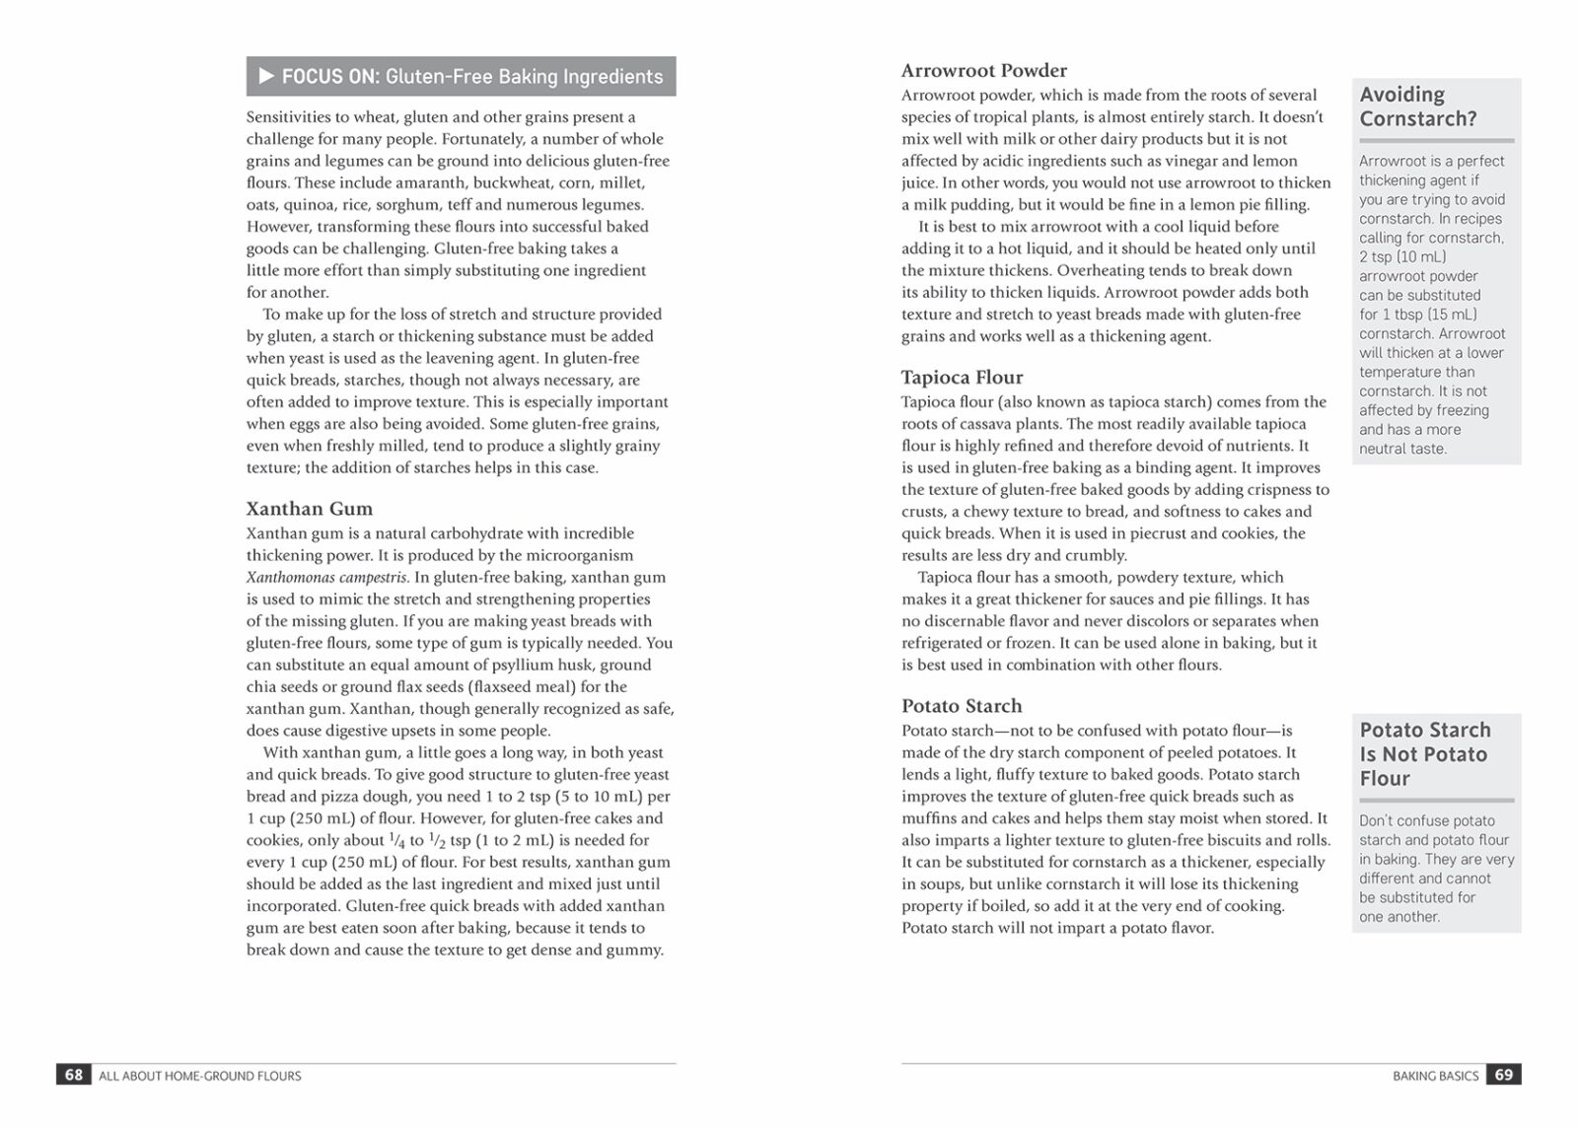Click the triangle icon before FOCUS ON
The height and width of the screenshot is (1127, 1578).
click(x=266, y=76)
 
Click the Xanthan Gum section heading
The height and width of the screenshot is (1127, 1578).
click(x=309, y=509)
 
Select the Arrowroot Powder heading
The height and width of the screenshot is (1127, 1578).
click(x=983, y=70)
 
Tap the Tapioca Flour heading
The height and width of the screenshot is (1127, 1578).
click(x=962, y=377)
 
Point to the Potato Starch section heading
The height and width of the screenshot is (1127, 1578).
click(x=961, y=706)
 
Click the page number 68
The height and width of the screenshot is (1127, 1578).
click(x=74, y=1075)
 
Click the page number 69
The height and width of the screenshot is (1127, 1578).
click(x=1503, y=1075)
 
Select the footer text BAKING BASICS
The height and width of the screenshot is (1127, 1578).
click(x=1435, y=1076)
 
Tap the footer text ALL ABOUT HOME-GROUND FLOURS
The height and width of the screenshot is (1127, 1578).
click(x=200, y=1076)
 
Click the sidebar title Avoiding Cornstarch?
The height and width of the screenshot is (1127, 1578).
click(x=1417, y=106)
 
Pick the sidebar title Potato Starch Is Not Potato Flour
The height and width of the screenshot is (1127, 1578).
click(x=1423, y=754)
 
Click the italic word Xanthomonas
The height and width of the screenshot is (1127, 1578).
click(x=291, y=578)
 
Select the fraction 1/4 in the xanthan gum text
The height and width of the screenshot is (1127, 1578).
click(x=396, y=841)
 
